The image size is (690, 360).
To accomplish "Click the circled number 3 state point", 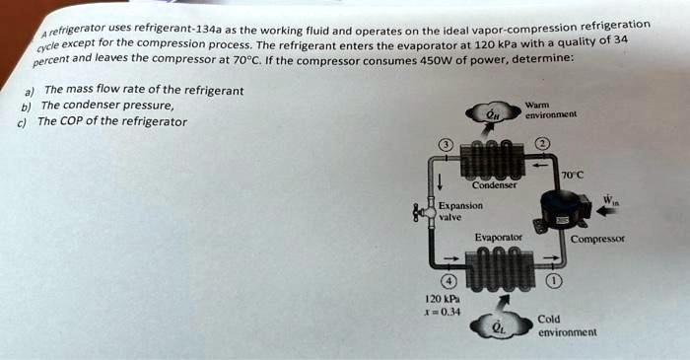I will pos(446,145).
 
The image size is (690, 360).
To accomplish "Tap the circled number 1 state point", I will pos(554,279).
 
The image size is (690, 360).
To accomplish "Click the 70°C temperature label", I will pos(572,176).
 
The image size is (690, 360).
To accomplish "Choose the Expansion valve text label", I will pos(459,211).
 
